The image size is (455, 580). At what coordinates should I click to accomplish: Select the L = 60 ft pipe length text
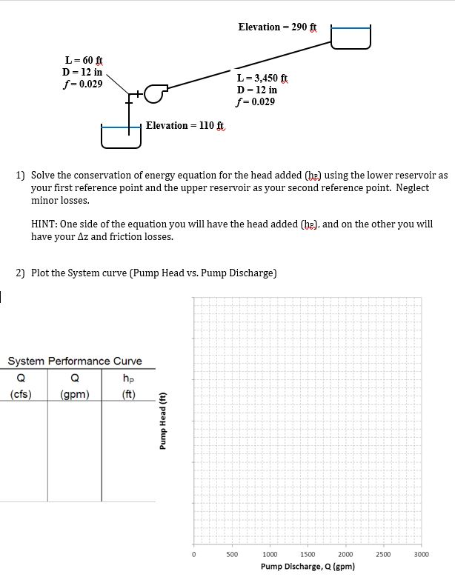click(84, 60)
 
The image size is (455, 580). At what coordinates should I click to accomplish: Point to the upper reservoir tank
click(350, 36)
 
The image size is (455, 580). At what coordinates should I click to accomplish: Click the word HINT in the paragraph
click(47, 224)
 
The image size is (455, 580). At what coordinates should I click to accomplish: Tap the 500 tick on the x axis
click(231, 553)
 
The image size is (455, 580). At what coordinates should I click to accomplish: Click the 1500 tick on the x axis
click(308, 553)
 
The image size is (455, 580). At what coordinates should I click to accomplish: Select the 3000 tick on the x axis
click(421, 553)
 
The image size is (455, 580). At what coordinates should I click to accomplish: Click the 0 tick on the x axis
click(193, 553)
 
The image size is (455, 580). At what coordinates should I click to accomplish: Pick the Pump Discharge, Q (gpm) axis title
click(307, 567)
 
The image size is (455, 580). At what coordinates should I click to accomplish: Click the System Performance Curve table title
click(75, 361)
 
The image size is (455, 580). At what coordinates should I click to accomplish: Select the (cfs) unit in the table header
click(21, 393)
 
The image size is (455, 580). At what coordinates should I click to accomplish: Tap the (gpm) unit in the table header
click(75, 393)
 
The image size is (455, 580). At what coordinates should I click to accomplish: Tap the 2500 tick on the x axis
click(383, 553)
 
